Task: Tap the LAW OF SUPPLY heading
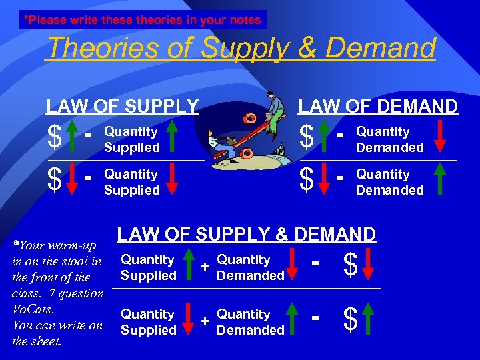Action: pos(123,106)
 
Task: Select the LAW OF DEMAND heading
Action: pos(377,106)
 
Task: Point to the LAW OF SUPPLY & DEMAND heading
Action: pos(247,234)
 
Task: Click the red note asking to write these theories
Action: pos(142,20)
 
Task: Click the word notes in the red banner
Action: pos(245,20)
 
